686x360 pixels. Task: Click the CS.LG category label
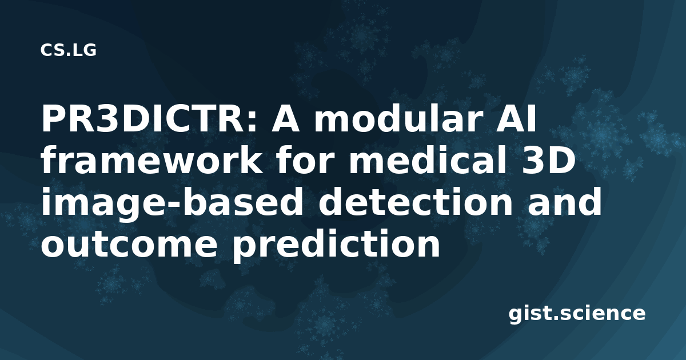tap(68, 50)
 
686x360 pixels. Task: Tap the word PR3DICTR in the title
tap(145, 119)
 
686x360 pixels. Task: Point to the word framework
tap(151, 160)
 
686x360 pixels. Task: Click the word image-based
tap(172, 202)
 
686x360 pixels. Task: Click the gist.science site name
tap(577, 314)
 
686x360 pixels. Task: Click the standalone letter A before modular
tap(285, 119)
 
